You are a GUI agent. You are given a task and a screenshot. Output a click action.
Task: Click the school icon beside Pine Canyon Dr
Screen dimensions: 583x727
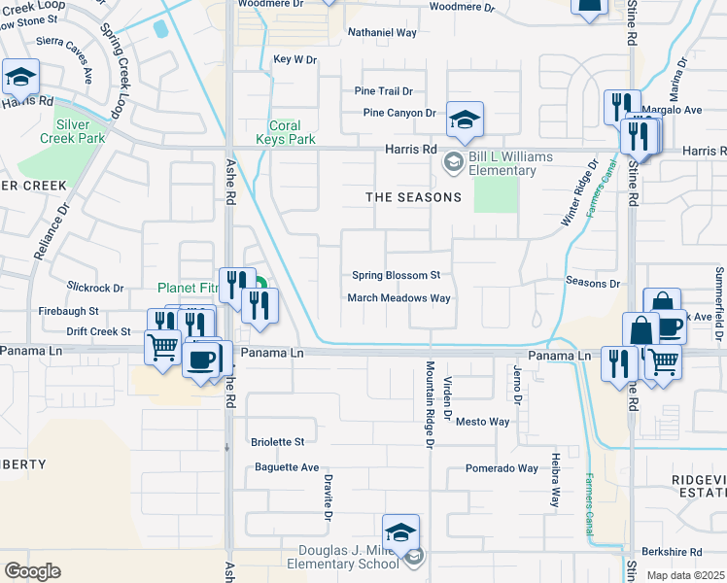click(465, 120)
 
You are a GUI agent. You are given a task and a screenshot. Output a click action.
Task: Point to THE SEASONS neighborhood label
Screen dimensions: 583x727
click(413, 197)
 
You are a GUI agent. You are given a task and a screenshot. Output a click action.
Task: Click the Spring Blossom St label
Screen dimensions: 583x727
click(396, 276)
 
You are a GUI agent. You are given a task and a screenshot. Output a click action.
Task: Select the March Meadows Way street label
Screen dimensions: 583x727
click(399, 298)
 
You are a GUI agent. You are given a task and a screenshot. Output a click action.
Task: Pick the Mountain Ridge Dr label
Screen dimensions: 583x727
click(429, 404)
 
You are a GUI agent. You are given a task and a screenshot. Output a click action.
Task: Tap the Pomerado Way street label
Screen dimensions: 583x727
click(501, 468)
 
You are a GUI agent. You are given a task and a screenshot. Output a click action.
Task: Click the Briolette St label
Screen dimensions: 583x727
click(279, 442)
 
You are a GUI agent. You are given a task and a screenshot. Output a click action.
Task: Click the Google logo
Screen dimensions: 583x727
click(32, 571)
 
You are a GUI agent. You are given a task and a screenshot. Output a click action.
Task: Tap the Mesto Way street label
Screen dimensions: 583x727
click(483, 422)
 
